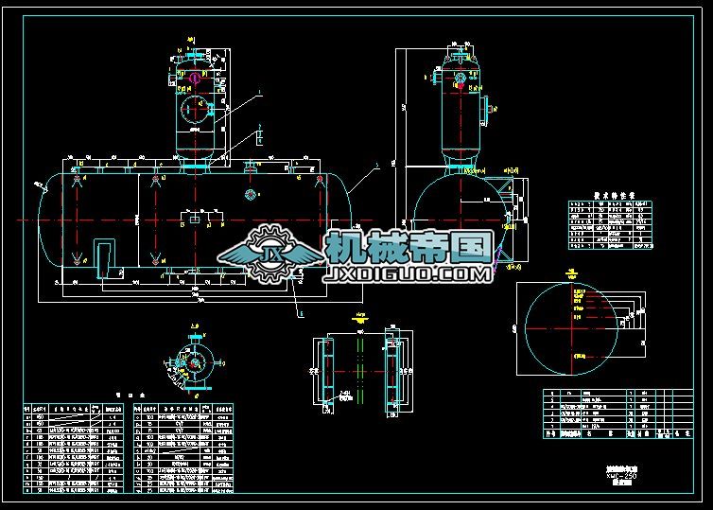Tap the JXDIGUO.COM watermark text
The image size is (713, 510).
[408, 274]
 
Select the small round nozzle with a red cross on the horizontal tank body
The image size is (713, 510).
[251, 195]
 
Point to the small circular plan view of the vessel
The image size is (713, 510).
[197, 363]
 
